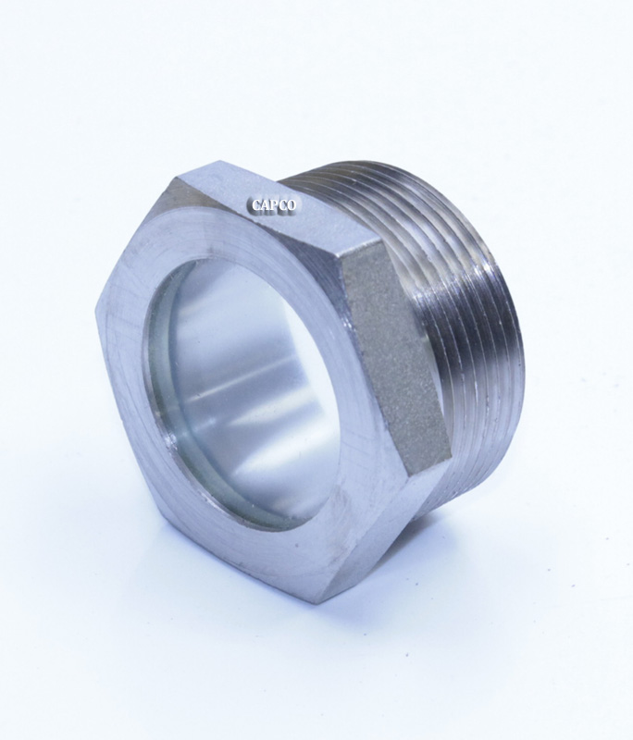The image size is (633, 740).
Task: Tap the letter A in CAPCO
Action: pos(262,206)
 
